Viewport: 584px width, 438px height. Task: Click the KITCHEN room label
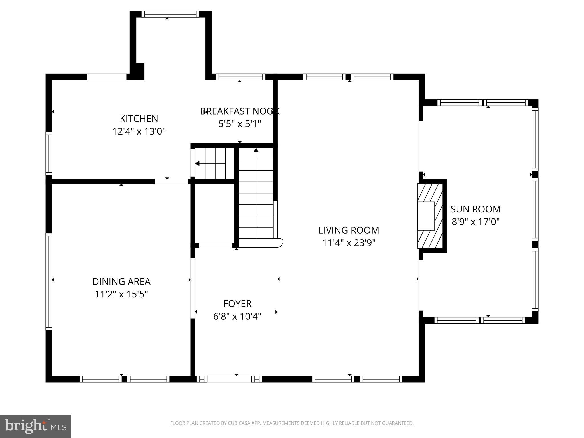click(x=139, y=119)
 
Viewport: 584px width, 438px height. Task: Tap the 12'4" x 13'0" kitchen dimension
click(x=139, y=131)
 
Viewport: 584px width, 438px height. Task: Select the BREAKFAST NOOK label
click(x=240, y=111)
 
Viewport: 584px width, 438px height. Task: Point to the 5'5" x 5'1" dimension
click(x=240, y=124)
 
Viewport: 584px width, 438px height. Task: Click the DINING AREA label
click(x=121, y=281)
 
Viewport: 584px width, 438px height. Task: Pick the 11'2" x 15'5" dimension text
click(x=121, y=294)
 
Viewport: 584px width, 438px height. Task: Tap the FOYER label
click(x=237, y=304)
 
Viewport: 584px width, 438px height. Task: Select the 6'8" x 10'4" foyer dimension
click(x=237, y=316)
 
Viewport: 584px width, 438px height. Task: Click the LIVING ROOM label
click(x=348, y=230)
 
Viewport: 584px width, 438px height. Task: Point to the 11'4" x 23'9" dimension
click(x=348, y=243)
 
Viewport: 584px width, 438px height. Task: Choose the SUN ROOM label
click(x=475, y=209)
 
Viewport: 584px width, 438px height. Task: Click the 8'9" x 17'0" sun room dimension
click(x=475, y=222)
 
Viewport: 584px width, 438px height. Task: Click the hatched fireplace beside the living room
click(x=430, y=216)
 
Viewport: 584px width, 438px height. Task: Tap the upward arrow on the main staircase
click(x=256, y=150)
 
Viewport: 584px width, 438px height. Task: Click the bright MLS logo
click(x=35, y=426)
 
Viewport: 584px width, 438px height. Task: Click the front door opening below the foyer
click(x=229, y=379)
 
